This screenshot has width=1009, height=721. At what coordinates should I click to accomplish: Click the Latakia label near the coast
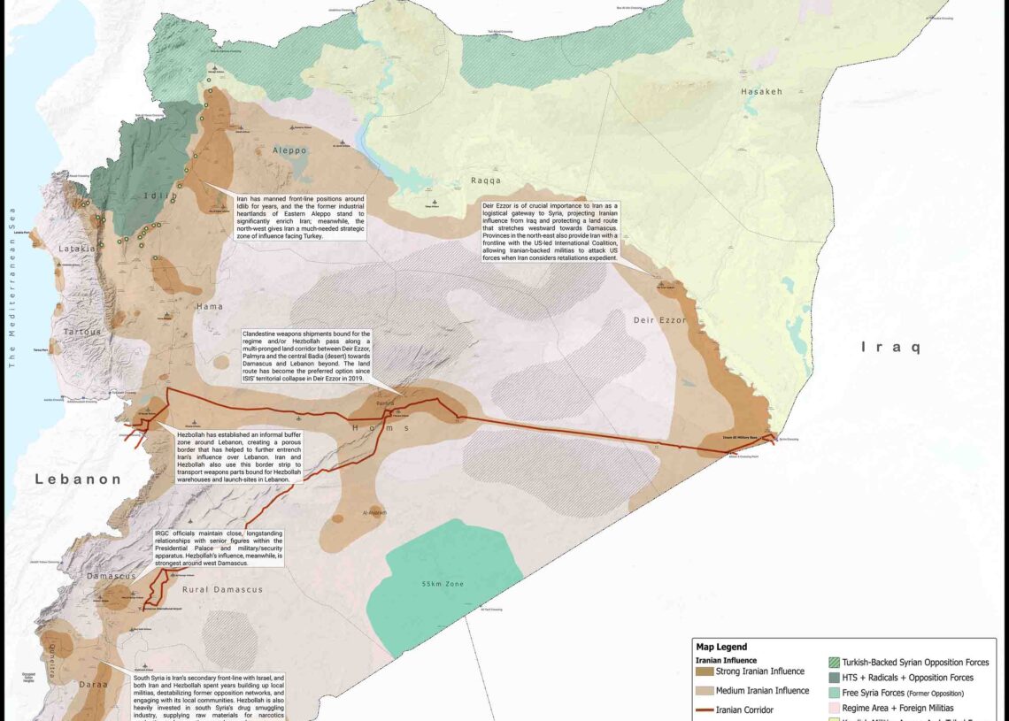coord(77,249)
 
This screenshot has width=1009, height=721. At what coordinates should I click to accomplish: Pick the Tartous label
coord(83,331)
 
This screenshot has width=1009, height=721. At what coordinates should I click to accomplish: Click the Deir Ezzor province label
coord(659,320)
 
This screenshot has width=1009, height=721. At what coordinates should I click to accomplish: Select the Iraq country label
coord(891,348)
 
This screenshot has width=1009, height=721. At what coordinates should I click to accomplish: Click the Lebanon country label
coord(78,479)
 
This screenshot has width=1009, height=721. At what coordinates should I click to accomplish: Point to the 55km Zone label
coord(443,585)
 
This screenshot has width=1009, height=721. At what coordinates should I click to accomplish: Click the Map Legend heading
coord(722,647)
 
